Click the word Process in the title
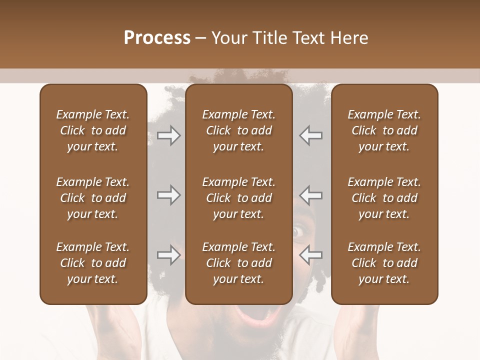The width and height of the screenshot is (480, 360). coord(157,38)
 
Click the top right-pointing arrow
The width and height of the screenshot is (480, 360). coord(169,135)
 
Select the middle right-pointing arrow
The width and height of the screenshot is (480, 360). coord(169,195)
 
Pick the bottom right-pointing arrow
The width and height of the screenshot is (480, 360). coord(169,255)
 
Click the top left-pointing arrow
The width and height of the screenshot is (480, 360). coord(311,135)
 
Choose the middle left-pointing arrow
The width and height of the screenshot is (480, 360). coord(311,195)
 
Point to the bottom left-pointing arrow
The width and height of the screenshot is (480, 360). coord(311,255)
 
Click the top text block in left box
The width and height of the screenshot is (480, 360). coord(93,130)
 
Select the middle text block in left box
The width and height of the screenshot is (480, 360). coord(93,198)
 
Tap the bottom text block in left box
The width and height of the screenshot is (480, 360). coord(93,263)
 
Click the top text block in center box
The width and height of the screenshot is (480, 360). coord(238,130)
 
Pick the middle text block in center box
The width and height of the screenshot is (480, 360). coord(238,198)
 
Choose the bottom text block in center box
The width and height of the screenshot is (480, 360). coord(238,263)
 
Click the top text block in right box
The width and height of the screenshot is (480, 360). coord(384,130)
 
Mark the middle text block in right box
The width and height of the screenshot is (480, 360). coord(384,198)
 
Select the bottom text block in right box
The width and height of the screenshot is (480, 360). coord(384,263)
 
